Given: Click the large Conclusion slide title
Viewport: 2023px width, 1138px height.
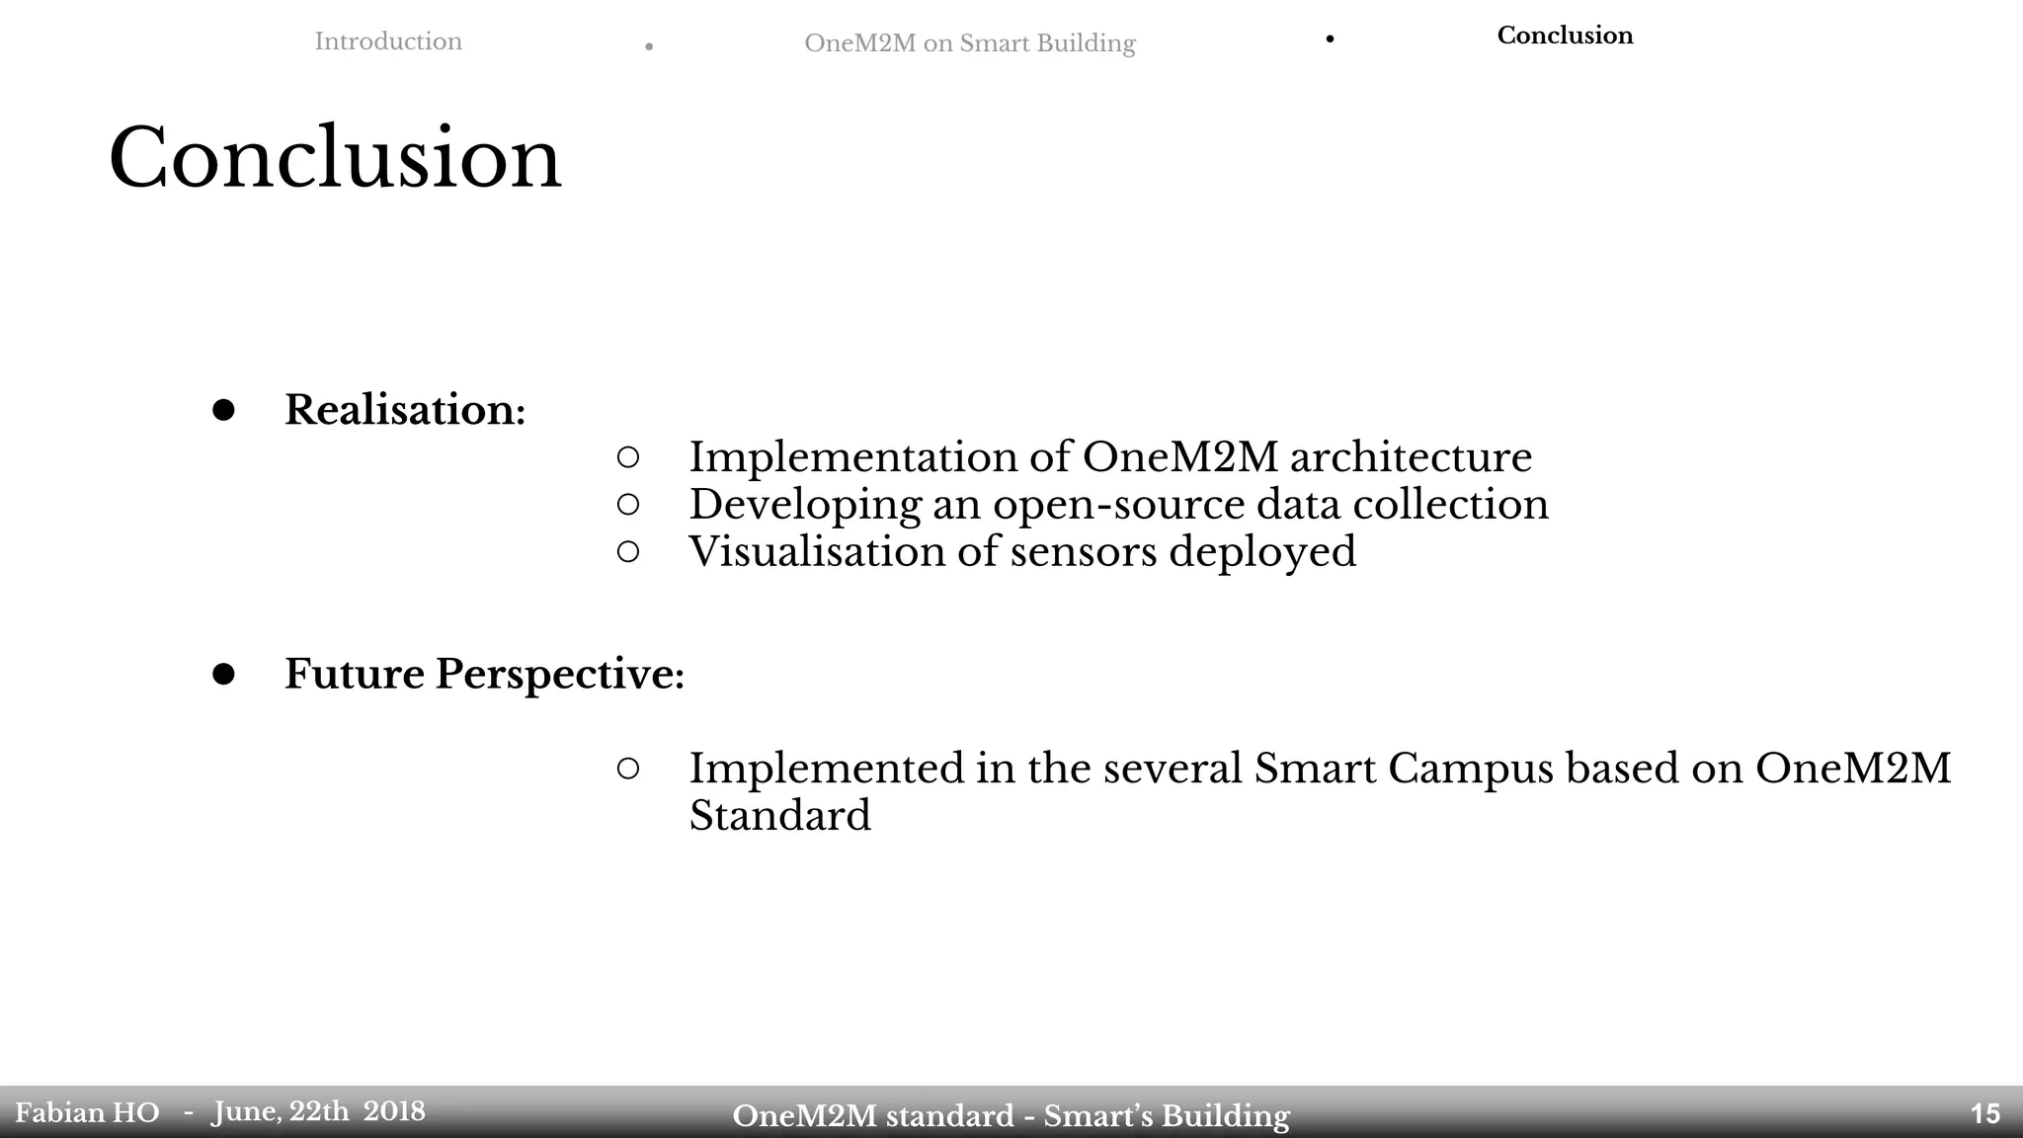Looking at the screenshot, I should pos(335,158).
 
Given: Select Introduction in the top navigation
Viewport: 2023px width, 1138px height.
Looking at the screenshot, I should pos(388,41).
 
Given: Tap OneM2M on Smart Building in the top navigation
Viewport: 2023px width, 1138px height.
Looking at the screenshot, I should pos(969,43).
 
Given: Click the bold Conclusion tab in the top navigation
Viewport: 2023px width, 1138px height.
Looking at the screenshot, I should pos(1565,36).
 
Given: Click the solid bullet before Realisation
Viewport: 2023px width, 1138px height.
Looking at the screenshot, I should pos(223,410).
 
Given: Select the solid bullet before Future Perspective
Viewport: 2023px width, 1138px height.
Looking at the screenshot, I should pos(223,674).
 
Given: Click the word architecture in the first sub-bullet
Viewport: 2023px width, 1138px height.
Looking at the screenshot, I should pos(1411,456).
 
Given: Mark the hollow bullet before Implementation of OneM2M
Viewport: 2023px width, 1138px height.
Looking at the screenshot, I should pos(628,456).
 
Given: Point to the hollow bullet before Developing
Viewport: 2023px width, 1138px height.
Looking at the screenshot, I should pos(628,504).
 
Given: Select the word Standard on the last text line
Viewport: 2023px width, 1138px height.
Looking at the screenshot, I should pos(779,816).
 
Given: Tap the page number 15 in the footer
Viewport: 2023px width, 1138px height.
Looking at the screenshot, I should pos(1984,1114).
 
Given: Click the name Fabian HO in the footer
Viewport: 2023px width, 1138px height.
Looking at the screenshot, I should pos(87,1113).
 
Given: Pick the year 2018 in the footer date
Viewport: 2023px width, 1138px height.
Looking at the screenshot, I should pos(394,1111).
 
